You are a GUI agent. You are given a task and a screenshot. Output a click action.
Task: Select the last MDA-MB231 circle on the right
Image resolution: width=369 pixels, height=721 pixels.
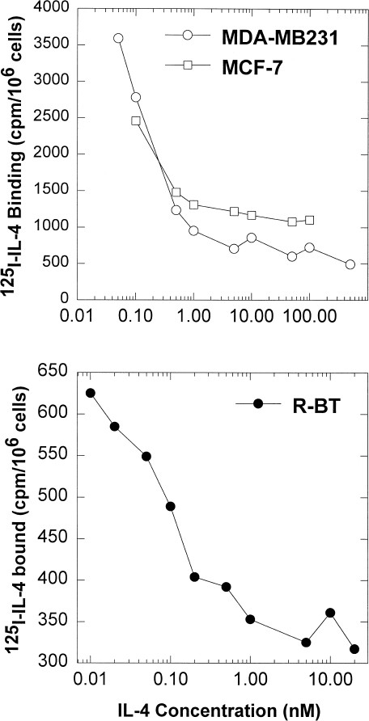click(350, 264)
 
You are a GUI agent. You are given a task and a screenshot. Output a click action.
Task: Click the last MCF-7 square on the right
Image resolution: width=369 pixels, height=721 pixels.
click(309, 220)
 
